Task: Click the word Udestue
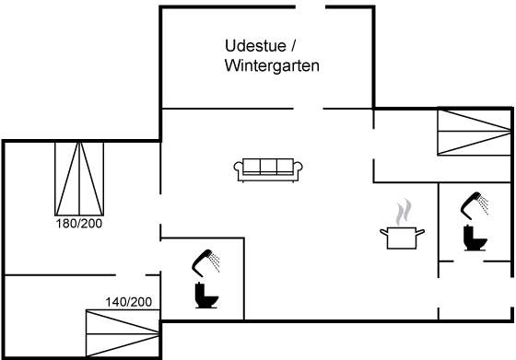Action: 255,46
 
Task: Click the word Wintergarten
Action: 272,65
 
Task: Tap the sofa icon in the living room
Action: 268,170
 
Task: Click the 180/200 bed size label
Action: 79,224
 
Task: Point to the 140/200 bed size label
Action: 129,302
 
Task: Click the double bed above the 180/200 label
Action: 79,179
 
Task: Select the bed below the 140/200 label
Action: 123,333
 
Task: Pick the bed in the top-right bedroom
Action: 474,133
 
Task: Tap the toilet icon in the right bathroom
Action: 475,238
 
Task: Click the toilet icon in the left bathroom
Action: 206,296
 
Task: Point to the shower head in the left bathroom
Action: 205,263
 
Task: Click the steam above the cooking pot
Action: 404,212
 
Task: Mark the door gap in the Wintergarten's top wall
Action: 311,6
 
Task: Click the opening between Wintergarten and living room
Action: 308,109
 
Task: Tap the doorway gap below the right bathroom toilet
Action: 468,261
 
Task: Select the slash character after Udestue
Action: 293,46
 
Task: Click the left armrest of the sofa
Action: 239,167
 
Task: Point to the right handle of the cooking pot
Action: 420,232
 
